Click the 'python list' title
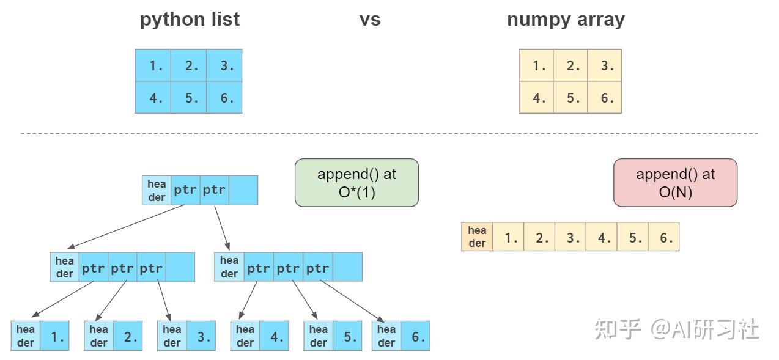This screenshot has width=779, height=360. tap(190, 20)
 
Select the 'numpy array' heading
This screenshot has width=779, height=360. tap(566, 20)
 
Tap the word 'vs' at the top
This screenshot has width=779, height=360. tap(370, 20)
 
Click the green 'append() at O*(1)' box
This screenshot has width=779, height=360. tap(356, 182)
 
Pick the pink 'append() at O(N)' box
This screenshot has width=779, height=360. tap(675, 182)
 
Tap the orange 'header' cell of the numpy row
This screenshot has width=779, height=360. tap(477, 237)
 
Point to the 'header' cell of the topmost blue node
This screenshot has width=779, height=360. tap(157, 190)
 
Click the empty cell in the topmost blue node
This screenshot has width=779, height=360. tap(243, 190)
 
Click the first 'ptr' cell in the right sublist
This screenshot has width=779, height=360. tap(259, 267)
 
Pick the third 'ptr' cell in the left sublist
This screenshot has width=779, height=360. tap(151, 267)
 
